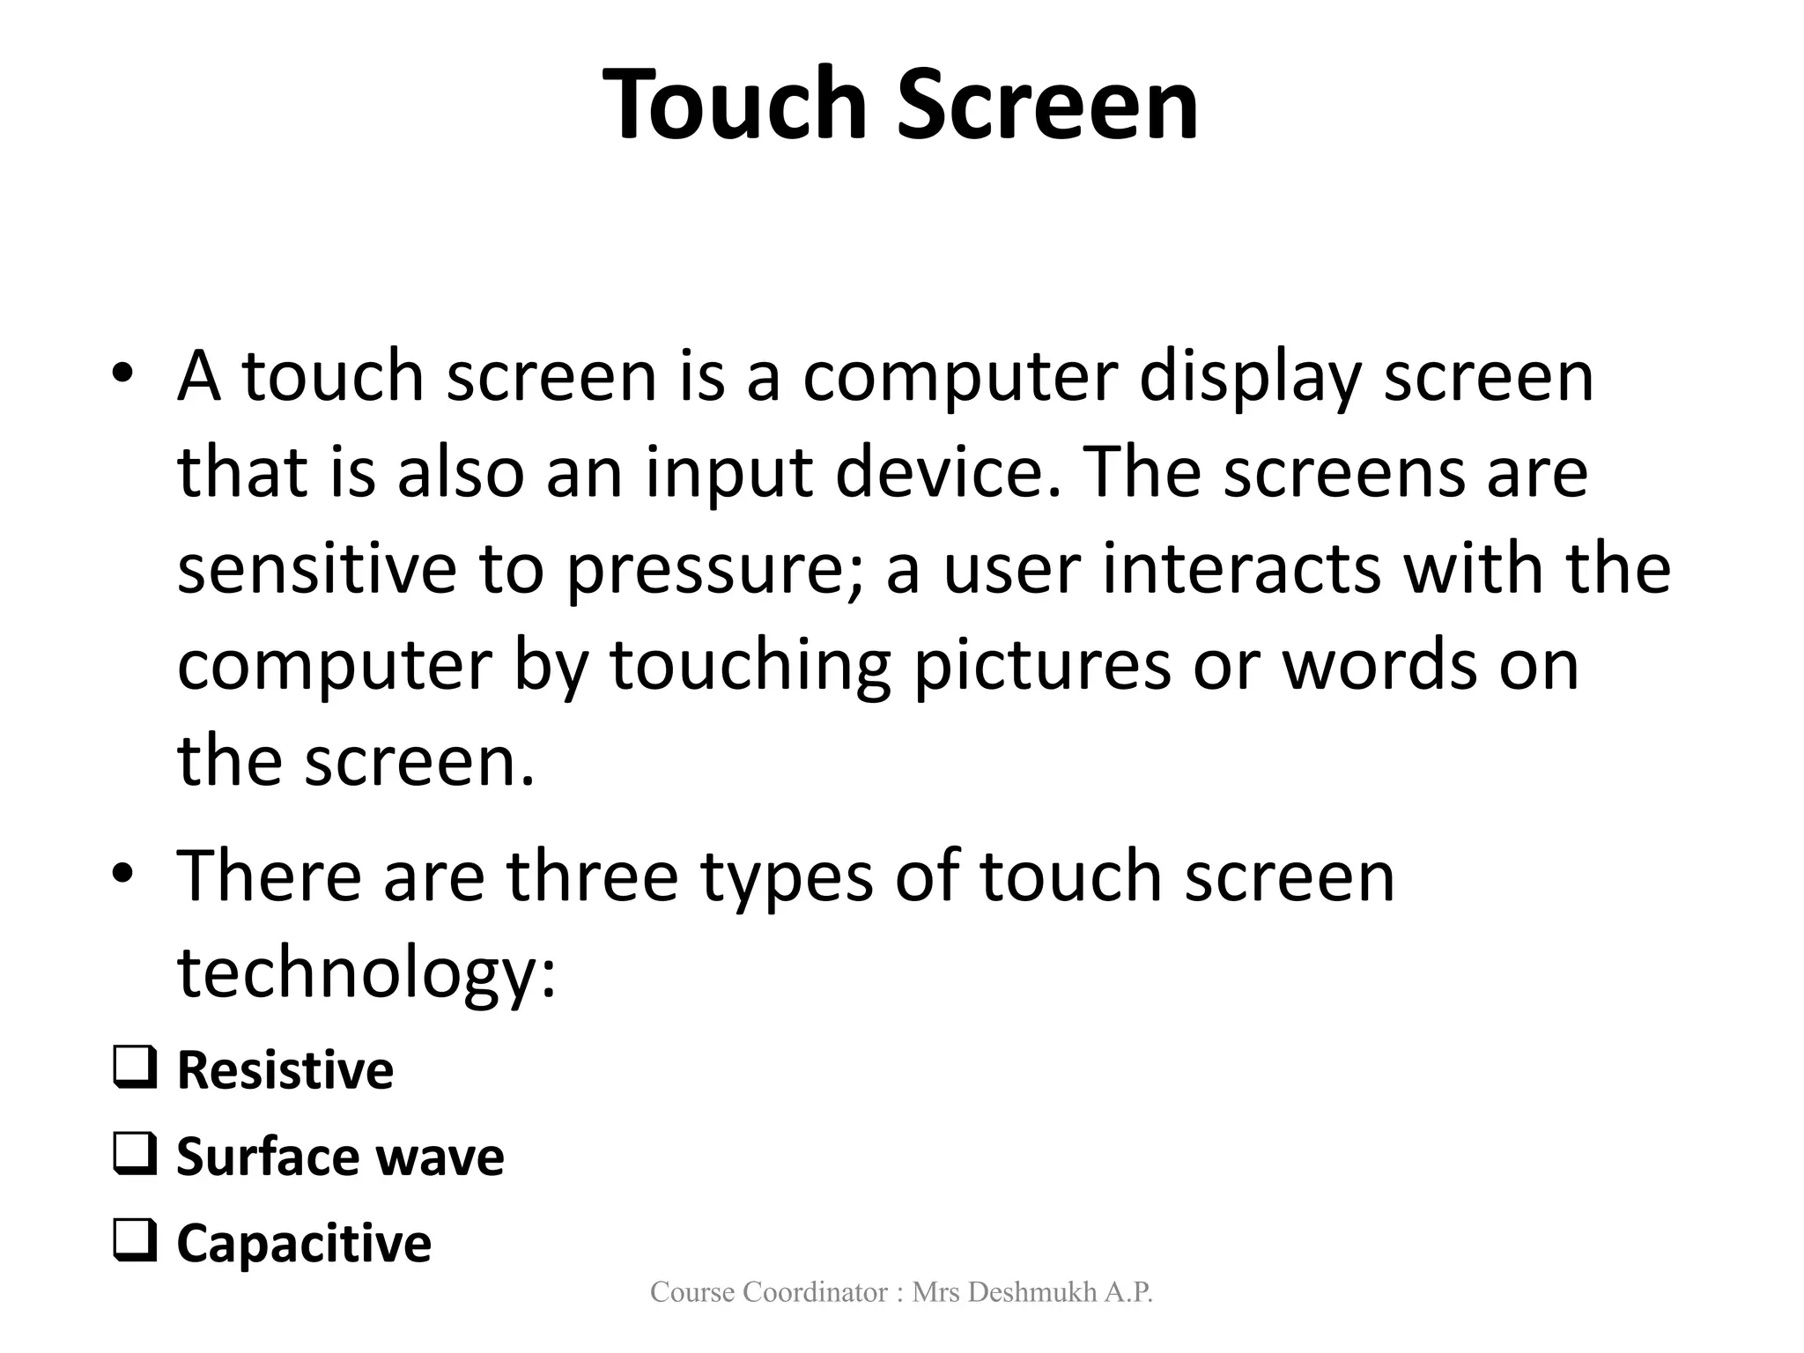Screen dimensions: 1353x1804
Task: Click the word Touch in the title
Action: click(x=741, y=105)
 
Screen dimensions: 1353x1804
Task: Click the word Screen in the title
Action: click(x=1048, y=105)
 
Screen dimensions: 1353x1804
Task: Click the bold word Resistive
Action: click(x=285, y=1070)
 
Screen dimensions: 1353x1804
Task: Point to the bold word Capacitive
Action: click(x=304, y=1244)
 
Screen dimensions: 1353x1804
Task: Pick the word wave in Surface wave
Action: click(x=449, y=1157)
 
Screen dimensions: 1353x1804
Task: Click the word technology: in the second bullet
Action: click(x=367, y=974)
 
